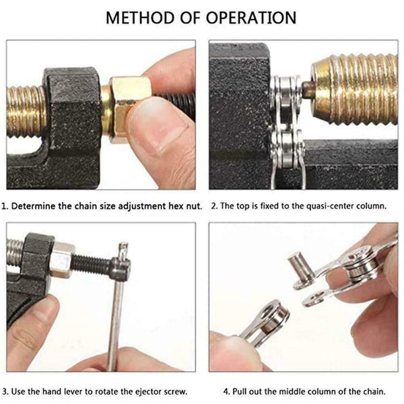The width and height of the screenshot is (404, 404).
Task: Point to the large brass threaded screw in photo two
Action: tap(357, 88)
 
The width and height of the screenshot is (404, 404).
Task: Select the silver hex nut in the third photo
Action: tap(62, 259)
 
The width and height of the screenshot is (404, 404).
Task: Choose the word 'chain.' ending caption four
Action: tap(369, 391)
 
